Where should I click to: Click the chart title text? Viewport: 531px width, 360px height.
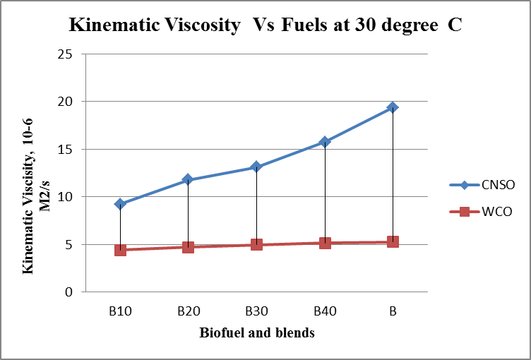pyautogui.click(x=265, y=27)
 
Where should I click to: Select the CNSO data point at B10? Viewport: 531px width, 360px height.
pyautogui.click(x=120, y=204)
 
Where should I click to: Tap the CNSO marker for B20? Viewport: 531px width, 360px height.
pyautogui.click(x=188, y=180)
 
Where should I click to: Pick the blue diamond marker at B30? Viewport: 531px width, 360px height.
pyautogui.click(x=256, y=167)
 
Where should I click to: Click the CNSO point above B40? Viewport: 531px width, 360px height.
pyautogui.click(x=325, y=142)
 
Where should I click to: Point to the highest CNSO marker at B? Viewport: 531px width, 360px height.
pyautogui.click(x=393, y=107)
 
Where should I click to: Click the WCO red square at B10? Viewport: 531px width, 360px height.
pyautogui.click(x=120, y=250)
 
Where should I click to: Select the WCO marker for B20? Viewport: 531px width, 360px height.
pyautogui.click(x=188, y=247)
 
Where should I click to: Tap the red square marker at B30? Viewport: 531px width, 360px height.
pyautogui.click(x=256, y=245)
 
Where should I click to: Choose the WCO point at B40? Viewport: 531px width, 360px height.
pyautogui.click(x=325, y=243)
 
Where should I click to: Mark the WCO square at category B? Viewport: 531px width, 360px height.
pyautogui.click(x=393, y=242)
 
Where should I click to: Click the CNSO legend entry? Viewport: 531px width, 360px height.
pyautogui.click(x=482, y=185)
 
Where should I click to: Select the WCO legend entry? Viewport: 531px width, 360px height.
pyautogui.click(x=482, y=211)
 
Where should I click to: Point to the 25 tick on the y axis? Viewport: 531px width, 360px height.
pyautogui.click(x=67, y=54)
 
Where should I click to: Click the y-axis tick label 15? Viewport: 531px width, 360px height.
pyautogui.click(x=67, y=150)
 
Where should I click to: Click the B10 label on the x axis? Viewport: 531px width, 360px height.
pyautogui.click(x=120, y=311)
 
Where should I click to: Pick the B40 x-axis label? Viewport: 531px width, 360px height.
pyautogui.click(x=324, y=311)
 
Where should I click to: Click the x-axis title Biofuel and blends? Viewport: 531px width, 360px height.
pyautogui.click(x=256, y=332)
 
